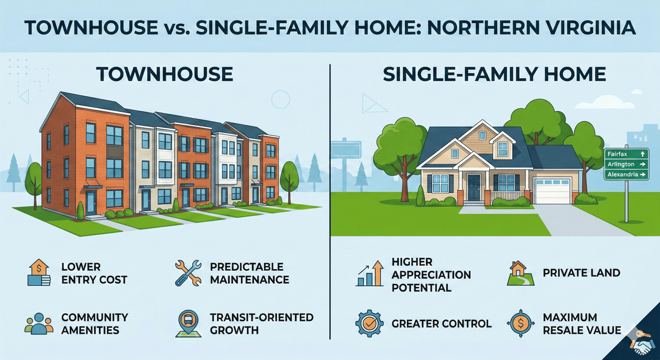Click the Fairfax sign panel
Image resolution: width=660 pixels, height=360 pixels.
(x=626, y=154)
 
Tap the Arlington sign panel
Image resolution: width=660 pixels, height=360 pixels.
(x=626, y=164)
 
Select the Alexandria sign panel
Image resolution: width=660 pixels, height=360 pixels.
(x=626, y=174)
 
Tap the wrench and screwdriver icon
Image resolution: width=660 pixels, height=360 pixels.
(x=188, y=273)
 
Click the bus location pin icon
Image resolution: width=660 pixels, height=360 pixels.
(x=188, y=323)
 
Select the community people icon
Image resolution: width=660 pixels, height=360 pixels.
(x=39, y=323)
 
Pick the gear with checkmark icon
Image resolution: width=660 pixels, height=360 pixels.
(x=370, y=323)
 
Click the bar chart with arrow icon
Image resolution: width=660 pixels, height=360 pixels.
(x=370, y=273)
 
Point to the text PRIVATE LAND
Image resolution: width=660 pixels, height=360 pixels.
(x=581, y=273)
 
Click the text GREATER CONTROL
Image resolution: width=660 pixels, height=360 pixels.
(x=441, y=324)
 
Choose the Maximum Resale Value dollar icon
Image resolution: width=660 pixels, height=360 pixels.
(x=521, y=323)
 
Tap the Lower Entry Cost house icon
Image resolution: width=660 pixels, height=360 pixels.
(x=39, y=272)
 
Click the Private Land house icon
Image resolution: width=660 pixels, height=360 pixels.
(x=520, y=273)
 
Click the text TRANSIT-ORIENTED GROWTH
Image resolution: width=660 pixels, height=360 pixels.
(x=261, y=324)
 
